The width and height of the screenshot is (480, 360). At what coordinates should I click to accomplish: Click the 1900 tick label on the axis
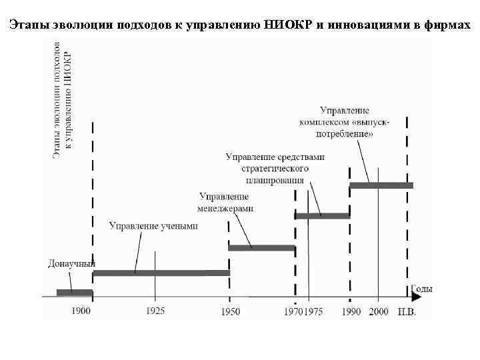pos(82,311)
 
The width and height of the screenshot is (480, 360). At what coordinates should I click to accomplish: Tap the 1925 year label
pos(155,311)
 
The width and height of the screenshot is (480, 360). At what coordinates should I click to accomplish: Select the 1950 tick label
pos(231,311)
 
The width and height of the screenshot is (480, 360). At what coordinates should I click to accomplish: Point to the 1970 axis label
pos(294,311)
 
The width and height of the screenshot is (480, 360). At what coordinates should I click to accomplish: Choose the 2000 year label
pos(379,311)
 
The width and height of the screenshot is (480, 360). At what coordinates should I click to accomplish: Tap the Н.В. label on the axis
pos(407,311)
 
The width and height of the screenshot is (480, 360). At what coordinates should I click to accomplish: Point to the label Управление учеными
pos(153,226)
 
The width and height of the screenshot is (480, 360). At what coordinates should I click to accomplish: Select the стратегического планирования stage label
pos(275,168)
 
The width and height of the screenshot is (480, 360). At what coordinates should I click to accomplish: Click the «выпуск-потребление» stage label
pos(345,121)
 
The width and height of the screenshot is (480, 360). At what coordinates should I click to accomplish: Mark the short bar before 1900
pos(74,292)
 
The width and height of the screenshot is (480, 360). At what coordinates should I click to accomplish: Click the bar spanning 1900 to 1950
pos(161,273)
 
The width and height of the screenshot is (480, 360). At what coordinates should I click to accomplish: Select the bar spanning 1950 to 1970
pos(261,248)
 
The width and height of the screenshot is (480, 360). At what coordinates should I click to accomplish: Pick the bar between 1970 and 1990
pos(322,215)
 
